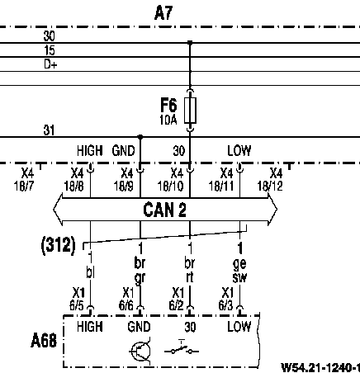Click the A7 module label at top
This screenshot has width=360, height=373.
163,12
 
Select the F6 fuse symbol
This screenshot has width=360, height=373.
190,110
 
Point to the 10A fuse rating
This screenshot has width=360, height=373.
168,120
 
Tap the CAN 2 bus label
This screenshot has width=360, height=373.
164,210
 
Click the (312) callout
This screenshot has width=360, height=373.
58,245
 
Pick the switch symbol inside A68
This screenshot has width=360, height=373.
182,349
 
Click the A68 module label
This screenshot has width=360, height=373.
44,341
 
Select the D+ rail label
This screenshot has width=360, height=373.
50,64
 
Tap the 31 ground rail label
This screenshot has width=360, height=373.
49,130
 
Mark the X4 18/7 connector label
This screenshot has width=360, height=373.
24,180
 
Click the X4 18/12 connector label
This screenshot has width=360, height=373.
270,180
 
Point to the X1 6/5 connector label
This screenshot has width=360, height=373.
77,299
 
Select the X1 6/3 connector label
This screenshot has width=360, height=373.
226,299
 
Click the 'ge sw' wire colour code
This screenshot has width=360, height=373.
239,271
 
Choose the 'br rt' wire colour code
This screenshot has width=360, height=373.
190,271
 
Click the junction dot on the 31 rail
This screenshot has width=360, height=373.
140,137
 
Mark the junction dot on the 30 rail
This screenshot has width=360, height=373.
190,43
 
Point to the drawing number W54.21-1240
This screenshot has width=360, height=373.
320,367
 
